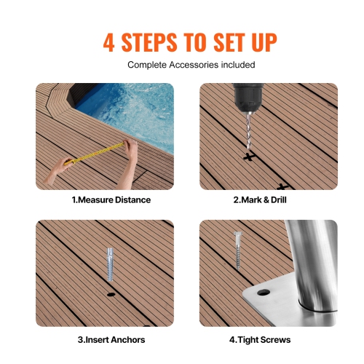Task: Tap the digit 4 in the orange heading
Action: (110, 41)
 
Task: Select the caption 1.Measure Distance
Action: (111, 199)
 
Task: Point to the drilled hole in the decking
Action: (111, 295)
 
